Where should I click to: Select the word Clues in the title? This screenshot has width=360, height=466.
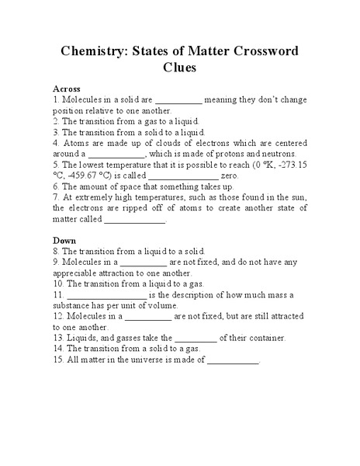coord(180,68)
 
